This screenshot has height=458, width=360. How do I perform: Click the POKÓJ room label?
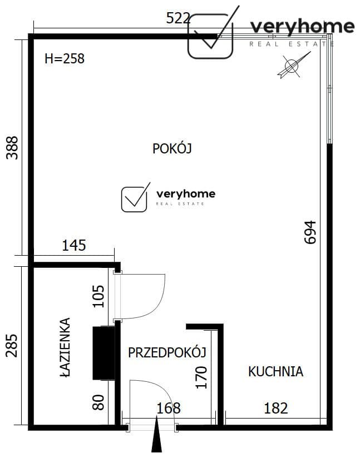pyautogui.click(x=172, y=148)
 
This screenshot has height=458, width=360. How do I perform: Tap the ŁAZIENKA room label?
pyautogui.click(x=65, y=347)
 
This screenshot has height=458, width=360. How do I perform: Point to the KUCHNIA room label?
pyautogui.click(x=275, y=371)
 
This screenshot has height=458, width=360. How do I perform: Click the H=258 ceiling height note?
pyautogui.click(x=65, y=59)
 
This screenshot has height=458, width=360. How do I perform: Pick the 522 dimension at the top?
pyautogui.click(x=178, y=18)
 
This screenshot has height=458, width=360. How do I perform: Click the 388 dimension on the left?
pyautogui.click(x=12, y=148)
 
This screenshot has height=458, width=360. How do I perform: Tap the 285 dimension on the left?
pyautogui.click(x=12, y=346)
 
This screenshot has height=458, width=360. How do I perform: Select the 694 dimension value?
pyautogui.click(x=310, y=232)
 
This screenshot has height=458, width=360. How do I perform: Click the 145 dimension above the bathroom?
pyautogui.click(x=74, y=245)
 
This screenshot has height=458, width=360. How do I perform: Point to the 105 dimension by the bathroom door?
pyautogui.click(x=98, y=296)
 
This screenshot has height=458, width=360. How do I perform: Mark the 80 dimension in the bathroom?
pyautogui.click(x=98, y=402)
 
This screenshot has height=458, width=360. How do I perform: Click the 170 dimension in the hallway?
pyautogui.click(x=201, y=377)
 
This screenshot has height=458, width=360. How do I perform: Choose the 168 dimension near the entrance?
pyautogui.click(x=169, y=408)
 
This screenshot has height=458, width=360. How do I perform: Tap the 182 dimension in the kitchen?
pyautogui.click(x=276, y=408)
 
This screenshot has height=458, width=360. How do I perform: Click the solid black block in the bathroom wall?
pyautogui.click(x=103, y=353)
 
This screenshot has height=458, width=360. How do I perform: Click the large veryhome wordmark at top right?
pyautogui.click(x=303, y=27)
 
